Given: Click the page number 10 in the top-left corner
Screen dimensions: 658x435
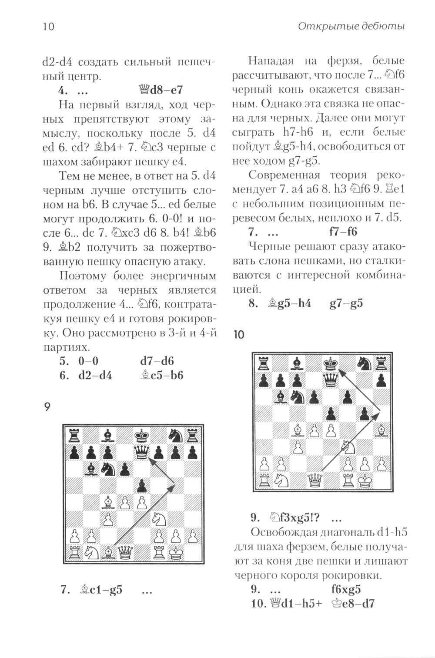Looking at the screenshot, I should (x=48, y=27).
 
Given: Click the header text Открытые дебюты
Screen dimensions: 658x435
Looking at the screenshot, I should (x=351, y=26).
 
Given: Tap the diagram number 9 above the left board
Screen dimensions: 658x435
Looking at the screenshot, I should (x=47, y=407).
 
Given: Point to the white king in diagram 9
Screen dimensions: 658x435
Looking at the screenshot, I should (x=176, y=552).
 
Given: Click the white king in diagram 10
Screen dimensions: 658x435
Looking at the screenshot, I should (x=365, y=480).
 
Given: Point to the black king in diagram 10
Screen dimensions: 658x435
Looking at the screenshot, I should (x=331, y=364).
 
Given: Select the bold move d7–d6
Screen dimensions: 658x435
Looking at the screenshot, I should (x=157, y=361).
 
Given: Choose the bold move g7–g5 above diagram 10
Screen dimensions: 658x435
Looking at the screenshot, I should (x=346, y=303).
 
